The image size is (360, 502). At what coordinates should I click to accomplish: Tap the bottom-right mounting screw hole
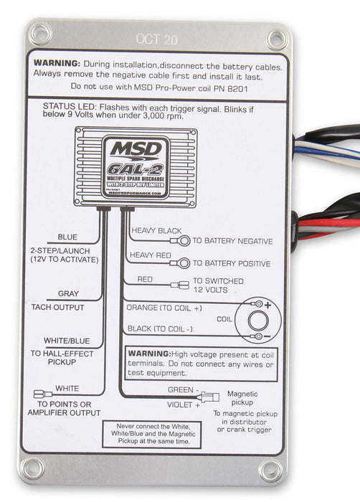coord(271,470)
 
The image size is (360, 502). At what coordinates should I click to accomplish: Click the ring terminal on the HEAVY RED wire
coord(184,263)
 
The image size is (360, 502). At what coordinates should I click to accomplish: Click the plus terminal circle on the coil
coord(256,304)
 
